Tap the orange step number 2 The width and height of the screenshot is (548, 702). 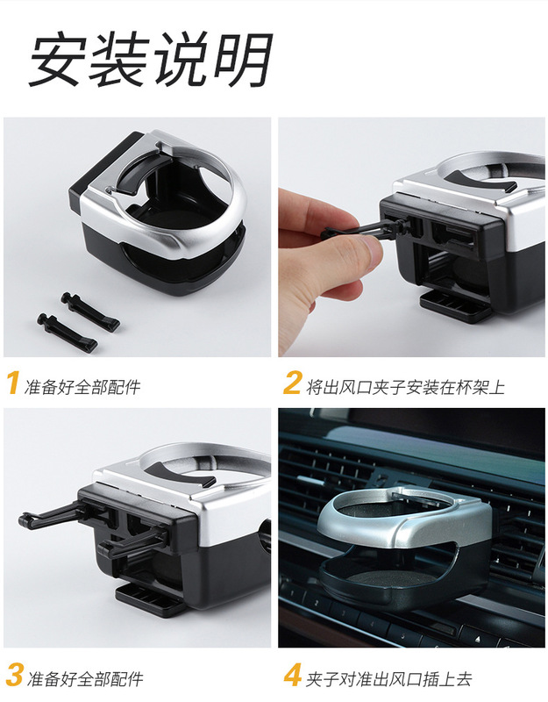tap(292, 383)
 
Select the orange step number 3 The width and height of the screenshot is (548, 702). tap(15, 675)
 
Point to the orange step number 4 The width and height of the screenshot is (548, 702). tap(293, 675)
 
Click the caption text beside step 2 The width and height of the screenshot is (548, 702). tap(405, 387)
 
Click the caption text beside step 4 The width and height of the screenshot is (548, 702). tap(388, 678)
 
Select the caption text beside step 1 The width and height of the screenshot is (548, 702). tap(82, 387)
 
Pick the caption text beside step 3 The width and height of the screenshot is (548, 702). tap(85, 678)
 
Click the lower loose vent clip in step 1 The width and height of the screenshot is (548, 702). tap(68, 332)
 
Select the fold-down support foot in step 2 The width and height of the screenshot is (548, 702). tap(454, 305)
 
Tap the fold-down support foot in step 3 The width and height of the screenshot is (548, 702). tap(151, 600)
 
